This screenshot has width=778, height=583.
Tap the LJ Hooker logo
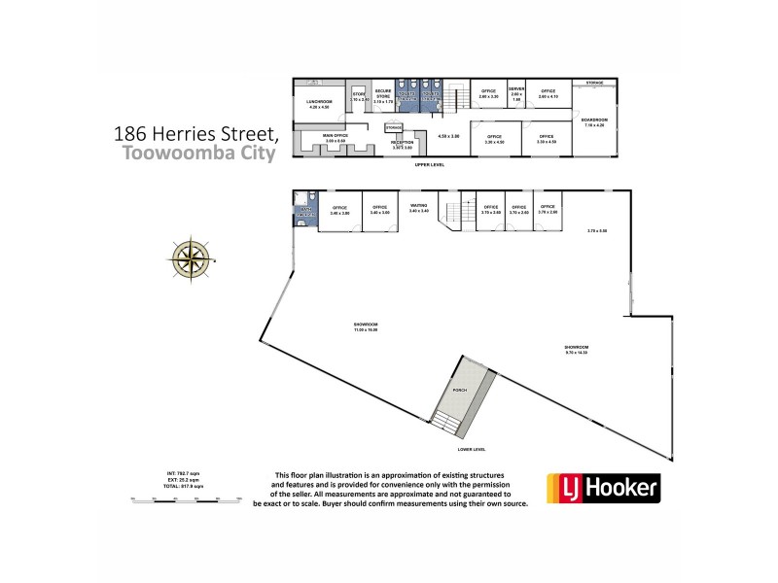coord(603,488)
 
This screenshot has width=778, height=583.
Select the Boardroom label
coord(594,122)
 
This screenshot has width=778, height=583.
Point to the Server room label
coord(516,90)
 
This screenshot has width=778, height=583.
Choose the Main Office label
coord(336,138)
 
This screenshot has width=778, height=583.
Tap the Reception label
coord(402,144)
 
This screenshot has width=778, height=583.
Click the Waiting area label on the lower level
coord(419,206)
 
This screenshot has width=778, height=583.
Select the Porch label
coord(460,390)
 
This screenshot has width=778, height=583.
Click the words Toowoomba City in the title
coord(201,152)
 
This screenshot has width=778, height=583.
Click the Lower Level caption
coord(471,449)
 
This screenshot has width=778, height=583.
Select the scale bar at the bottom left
coord(185,497)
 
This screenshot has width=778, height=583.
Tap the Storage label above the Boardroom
coord(594,84)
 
